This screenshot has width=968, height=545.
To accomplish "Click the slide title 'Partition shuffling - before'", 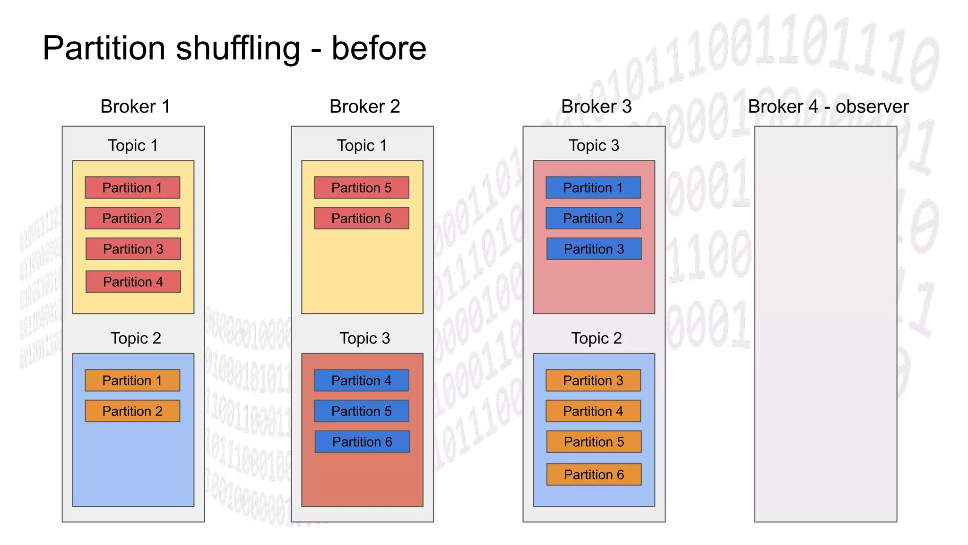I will point(234,48).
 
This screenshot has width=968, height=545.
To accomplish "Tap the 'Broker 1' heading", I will point(135,106).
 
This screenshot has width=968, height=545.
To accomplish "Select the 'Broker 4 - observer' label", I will point(828,106).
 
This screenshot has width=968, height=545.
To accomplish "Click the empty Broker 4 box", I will point(825,324).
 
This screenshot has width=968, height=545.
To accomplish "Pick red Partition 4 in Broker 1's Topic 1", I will point(133,281).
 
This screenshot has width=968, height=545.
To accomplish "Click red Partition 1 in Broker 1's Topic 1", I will point(132,187).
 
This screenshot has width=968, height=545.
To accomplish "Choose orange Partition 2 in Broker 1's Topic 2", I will point(132,411).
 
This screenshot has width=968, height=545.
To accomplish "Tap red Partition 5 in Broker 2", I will point(362,187).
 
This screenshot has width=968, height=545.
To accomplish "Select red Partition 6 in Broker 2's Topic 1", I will point(362,218).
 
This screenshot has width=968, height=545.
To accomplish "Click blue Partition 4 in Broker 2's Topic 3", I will point(362,380).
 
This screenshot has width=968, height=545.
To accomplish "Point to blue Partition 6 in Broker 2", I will point(362,441).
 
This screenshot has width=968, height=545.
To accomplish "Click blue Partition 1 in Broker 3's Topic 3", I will point(593,187).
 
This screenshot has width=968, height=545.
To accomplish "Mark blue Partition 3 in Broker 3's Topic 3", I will point(594,249).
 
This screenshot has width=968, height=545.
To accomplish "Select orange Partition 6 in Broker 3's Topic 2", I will point(594,474).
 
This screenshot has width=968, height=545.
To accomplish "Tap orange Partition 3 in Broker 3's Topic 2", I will point(593,380).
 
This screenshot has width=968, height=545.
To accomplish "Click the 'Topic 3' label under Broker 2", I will point(364,338).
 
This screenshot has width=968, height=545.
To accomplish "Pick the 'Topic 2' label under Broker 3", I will point(596,338).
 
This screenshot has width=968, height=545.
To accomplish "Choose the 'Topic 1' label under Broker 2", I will point(362,145).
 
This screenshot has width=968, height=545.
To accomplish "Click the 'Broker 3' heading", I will point(596,106).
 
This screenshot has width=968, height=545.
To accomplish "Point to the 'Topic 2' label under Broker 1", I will point(136,338).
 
